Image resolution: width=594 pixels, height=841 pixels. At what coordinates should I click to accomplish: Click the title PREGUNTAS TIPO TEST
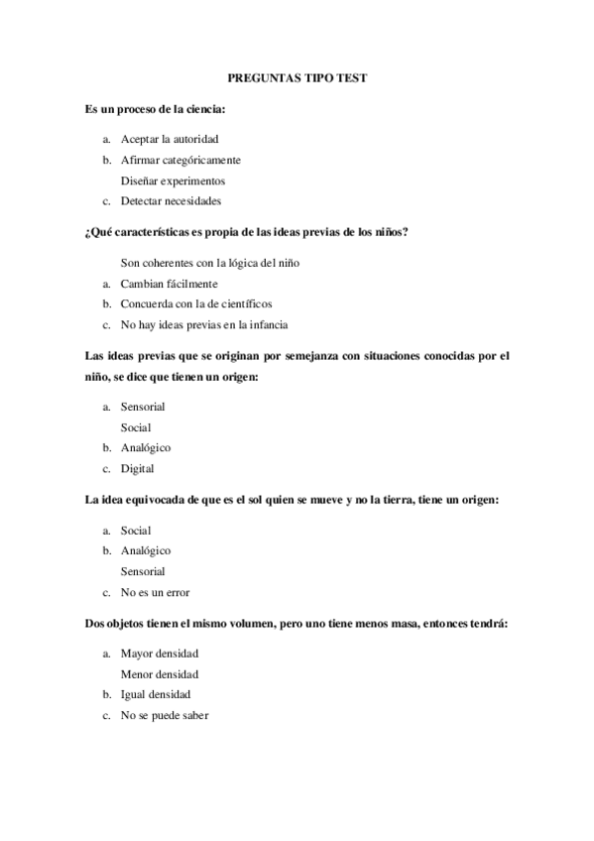[x=297, y=75]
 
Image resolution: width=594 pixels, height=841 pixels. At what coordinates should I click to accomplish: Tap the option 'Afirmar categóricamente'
[x=180, y=159]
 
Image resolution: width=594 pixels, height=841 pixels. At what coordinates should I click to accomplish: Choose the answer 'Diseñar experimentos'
[x=173, y=180]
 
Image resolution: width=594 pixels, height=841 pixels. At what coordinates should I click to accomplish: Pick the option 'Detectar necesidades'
[x=171, y=201]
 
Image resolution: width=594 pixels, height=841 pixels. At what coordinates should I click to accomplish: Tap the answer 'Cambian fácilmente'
[x=169, y=284]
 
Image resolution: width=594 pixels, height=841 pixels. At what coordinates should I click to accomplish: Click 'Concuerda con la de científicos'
[x=196, y=303]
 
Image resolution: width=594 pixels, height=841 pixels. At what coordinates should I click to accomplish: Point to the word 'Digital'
[x=137, y=468]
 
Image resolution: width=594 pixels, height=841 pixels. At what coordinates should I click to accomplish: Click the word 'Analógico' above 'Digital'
[x=145, y=447]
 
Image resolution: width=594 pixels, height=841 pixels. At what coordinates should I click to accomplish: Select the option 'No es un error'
[x=155, y=592]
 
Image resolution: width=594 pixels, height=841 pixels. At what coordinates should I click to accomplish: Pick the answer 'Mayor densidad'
[x=160, y=654]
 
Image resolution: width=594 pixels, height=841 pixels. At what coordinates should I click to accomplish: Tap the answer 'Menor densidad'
[x=160, y=674]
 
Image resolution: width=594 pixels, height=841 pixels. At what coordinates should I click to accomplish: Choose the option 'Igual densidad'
[x=156, y=694]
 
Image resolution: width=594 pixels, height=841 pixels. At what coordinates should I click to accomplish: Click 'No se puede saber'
[x=165, y=715]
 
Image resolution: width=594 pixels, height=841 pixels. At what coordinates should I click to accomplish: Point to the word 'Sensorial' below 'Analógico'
[x=143, y=571]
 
